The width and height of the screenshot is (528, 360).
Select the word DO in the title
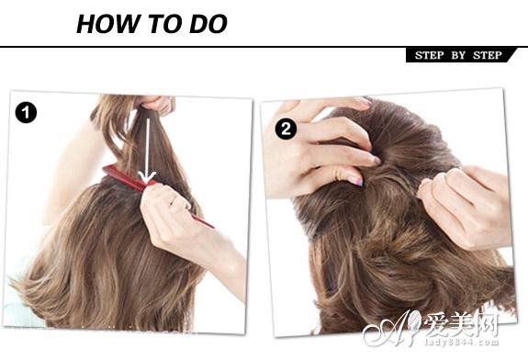(208, 24)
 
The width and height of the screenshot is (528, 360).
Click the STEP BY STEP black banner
(461, 55)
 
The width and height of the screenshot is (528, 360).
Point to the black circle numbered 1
(26, 112)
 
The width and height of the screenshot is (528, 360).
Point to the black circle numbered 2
(286, 129)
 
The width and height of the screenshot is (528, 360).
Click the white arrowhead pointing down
(147, 177)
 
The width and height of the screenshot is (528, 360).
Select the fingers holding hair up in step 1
(158, 104)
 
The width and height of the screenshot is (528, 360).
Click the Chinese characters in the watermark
(462, 324)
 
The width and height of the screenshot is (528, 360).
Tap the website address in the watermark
(462, 343)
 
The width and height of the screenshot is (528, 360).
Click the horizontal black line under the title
(264, 47)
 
